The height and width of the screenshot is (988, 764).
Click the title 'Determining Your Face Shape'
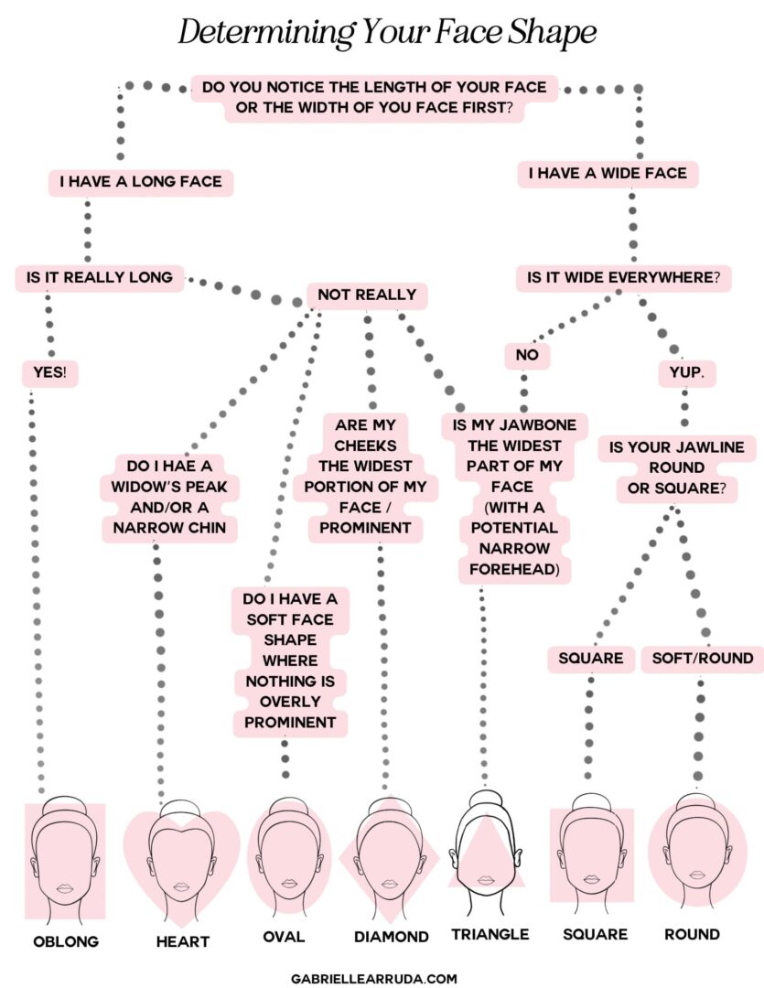(386, 34)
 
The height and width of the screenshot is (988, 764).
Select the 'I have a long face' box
(141, 182)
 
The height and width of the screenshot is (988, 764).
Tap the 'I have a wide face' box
(608, 174)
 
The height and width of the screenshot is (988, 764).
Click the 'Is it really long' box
(100, 277)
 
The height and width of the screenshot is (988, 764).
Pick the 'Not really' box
(366, 295)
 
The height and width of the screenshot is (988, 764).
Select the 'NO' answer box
(528, 355)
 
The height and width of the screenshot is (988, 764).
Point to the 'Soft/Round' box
(703, 658)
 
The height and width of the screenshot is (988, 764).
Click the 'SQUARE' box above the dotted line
(591, 658)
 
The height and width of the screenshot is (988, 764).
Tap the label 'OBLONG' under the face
(65, 940)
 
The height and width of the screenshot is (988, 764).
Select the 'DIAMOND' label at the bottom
(392, 937)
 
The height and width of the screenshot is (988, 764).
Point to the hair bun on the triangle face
(487, 800)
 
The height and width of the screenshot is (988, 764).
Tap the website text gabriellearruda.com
(373, 978)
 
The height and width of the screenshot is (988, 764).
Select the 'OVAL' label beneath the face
(284, 937)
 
